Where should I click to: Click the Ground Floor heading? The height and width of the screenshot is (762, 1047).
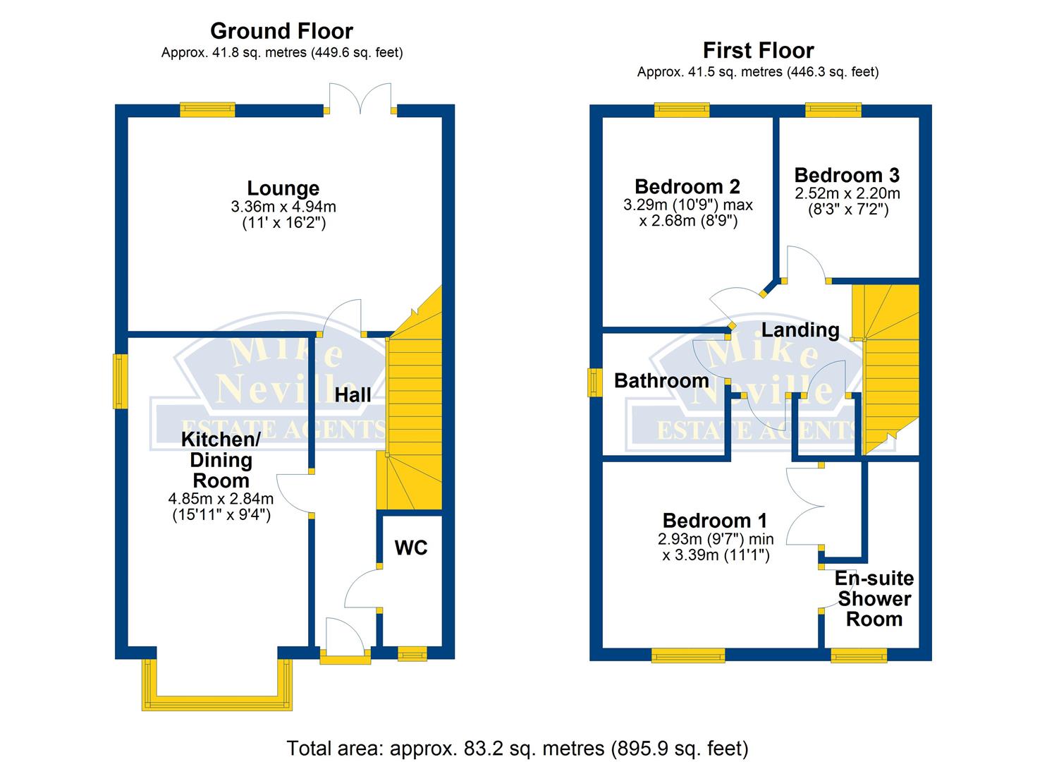(x=281, y=31)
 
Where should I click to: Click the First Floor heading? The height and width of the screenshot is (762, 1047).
(x=758, y=51)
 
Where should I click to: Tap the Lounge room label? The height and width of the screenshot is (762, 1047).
(x=283, y=188)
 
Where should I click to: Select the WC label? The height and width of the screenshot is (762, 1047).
(x=411, y=548)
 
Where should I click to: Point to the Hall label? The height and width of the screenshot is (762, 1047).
(x=353, y=395)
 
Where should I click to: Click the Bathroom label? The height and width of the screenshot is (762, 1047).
(x=661, y=381)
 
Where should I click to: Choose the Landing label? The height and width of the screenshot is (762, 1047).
(x=800, y=330)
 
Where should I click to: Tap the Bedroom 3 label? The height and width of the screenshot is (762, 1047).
(x=847, y=176)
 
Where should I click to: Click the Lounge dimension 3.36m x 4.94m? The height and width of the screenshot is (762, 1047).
(x=283, y=206)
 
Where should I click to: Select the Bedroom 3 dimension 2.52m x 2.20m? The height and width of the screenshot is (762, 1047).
(x=847, y=193)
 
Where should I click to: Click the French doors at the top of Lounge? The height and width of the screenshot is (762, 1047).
(x=360, y=99)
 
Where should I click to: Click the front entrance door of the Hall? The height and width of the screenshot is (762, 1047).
(x=345, y=641)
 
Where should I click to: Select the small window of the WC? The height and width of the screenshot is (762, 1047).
(x=412, y=653)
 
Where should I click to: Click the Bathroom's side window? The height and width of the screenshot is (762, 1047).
(x=594, y=382)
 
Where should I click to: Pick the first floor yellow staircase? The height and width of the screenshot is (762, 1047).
(x=885, y=370)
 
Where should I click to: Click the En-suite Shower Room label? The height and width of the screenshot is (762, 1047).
(x=874, y=599)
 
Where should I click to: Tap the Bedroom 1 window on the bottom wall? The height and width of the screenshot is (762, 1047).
(x=689, y=655)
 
